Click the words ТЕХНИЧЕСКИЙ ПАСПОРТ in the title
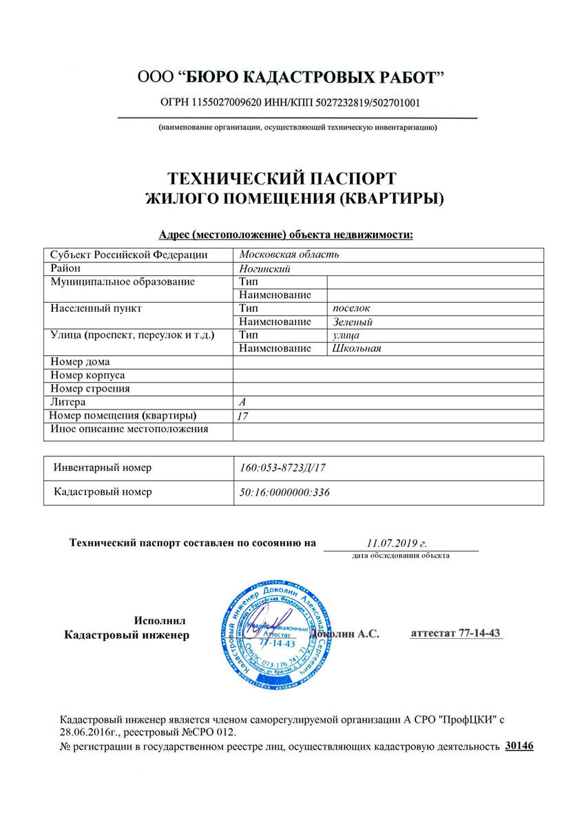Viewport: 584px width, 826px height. pyautogui.click(x=282, y=179)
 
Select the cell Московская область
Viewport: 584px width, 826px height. pyautogui.click(x=289, y=255)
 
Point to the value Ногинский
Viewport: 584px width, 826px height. pyautogui.click(x=265, y=268)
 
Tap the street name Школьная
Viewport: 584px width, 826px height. pyautogui.click(x=356, y=348)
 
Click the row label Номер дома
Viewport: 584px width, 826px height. pyautogui.click(x=81, y=361)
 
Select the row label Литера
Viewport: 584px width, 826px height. pyautogui.click(x=68, y=402)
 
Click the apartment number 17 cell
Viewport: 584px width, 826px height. pyautogui.click(x=242, y=416)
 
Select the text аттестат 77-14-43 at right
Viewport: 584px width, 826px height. pyautogui.click(x=455, y=633)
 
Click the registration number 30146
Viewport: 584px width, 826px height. pyautogui.click(x=519, y=745)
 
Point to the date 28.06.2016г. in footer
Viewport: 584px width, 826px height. pyautogui.click(x=92, y=732)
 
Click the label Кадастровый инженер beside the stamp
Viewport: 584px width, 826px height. pyautogui.click(x=126, y=635)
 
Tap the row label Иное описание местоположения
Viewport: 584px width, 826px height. pyautogui.click(x=129, y=430)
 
